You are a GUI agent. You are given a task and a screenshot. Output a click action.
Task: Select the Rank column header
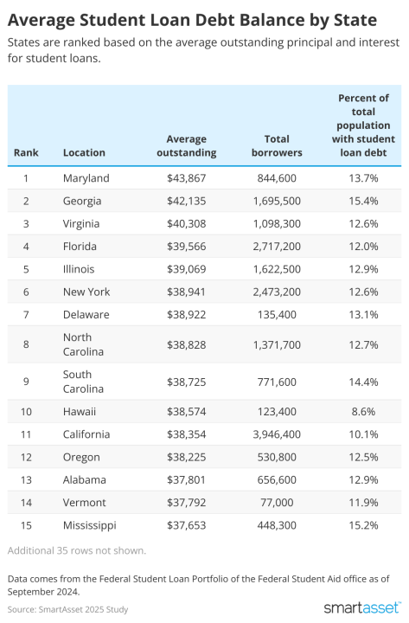[26, 152]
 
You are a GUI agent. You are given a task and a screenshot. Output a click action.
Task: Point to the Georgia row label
[82, 201]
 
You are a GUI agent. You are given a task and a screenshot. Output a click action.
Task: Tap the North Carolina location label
[83, 344]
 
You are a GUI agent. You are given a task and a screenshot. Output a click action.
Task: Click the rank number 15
[26, 524]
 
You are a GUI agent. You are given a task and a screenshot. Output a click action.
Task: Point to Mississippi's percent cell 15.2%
[362, 524]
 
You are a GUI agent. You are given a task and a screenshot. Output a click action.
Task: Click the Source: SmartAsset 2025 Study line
[67, 609]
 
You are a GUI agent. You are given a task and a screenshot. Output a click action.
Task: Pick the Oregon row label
[81, 457]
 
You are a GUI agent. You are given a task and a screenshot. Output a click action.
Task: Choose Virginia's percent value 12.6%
[362, 223]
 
